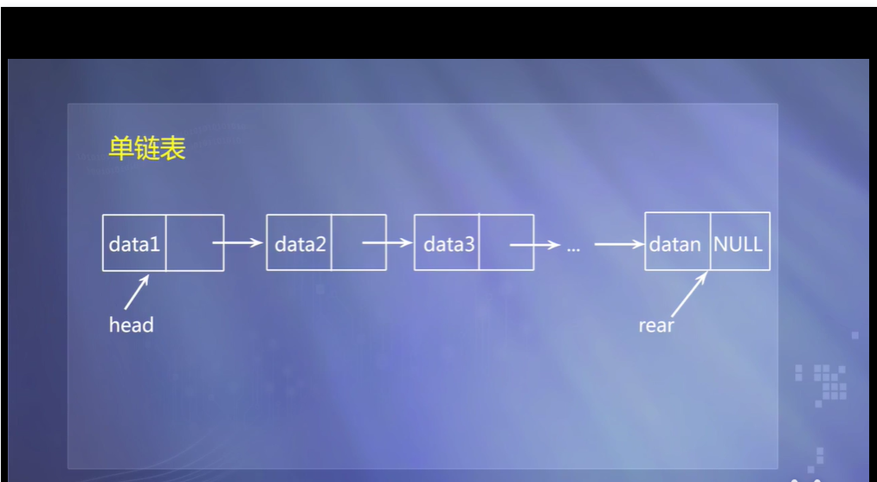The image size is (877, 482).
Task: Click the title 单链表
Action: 147,148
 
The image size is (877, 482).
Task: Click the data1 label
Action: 134,244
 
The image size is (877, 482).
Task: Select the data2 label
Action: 300,244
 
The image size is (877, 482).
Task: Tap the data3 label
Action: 448,244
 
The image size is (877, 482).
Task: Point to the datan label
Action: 675,244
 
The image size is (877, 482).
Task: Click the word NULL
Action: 738,243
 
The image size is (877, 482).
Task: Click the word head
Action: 131,325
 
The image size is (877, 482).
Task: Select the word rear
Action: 656,326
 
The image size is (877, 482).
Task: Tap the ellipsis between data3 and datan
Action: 573,246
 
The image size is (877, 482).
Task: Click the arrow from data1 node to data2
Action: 238,243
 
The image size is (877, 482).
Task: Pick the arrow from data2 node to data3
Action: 387,243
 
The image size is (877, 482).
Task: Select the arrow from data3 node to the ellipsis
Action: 534,245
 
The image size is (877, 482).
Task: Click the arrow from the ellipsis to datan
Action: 619,244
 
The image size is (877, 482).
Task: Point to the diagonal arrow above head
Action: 137,292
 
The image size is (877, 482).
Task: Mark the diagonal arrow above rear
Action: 690,293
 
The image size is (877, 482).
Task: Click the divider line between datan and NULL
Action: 710,242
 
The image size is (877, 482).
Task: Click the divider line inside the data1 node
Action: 166,243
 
